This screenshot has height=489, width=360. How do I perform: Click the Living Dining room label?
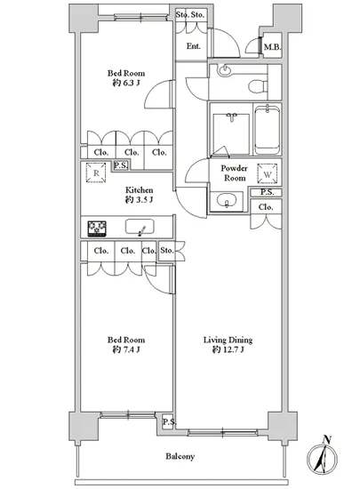point(228,340)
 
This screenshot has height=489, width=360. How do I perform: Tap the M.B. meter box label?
point(272,47)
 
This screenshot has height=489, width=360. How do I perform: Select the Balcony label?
point(180,457)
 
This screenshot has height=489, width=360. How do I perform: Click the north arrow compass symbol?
point(323,459)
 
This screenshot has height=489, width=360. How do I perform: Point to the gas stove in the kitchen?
point(97,228)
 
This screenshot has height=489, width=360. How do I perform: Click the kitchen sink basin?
point(140,227)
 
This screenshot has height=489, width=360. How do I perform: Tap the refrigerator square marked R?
point(96,172)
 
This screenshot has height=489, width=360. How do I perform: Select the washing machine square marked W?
point(268,174)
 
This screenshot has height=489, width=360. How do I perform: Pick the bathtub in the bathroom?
point(268,130)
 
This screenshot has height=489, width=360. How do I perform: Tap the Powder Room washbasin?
point(227,201)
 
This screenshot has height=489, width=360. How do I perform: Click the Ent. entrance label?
point(193,46)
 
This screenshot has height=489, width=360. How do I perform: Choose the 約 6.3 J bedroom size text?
point(126,84)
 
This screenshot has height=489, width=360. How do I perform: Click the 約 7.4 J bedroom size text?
point(126,350)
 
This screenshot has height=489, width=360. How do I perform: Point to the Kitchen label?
point(139,190)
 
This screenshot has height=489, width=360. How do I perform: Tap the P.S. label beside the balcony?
point(169,422)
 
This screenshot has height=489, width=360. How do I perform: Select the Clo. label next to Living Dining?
point(266,207)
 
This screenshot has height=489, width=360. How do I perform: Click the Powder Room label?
point(235,173)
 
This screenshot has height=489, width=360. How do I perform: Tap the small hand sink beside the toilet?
point(224,70)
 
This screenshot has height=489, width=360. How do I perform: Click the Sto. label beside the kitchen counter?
point(167,251)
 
